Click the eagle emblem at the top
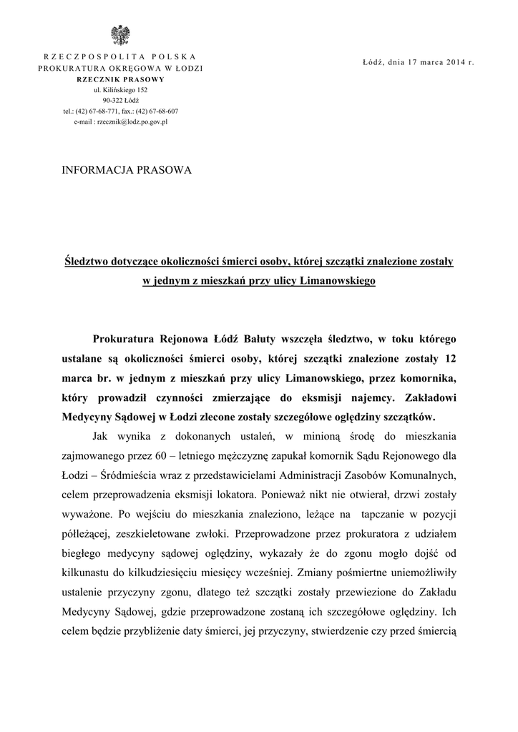pos(119,35)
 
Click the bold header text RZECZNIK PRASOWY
pos(119,79)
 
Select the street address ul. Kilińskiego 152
pos(120,90)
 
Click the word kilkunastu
pos(88,572)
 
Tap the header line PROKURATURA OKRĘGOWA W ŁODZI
pos(120,67)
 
